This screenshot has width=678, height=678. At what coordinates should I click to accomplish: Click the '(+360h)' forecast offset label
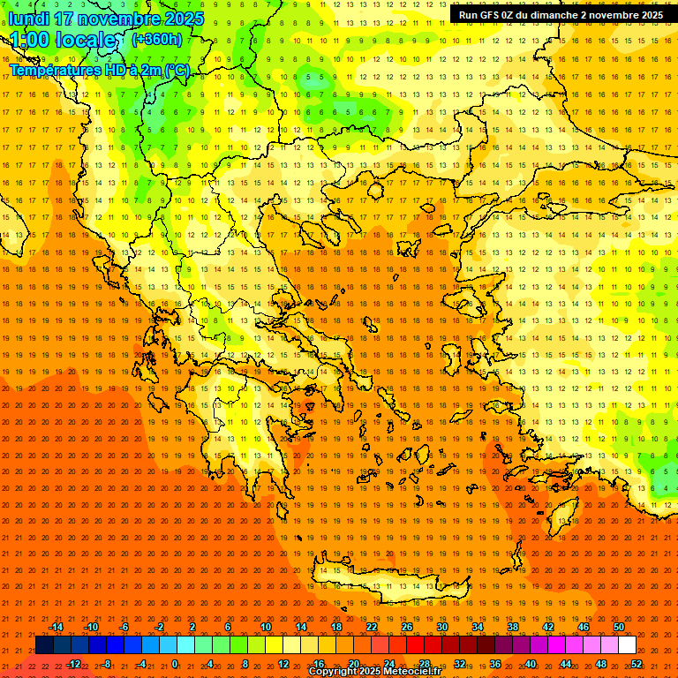point(157,39)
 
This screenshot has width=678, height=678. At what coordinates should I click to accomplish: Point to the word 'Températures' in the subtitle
point(53,70)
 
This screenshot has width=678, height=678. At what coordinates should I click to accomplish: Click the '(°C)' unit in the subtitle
point(177,70)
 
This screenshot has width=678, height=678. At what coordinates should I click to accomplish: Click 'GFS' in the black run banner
point(494,15)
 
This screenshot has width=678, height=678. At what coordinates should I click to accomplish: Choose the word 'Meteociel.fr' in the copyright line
point(411,672)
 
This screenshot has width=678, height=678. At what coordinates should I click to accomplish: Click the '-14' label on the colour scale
point(56,627)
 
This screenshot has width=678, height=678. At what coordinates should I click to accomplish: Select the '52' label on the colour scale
point(637,664)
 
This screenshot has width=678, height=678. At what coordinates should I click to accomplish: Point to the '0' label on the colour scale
point(175,664)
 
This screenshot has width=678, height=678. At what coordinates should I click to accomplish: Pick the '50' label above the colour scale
point(618,627)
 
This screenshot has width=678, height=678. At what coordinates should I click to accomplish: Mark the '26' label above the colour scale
point(407,627)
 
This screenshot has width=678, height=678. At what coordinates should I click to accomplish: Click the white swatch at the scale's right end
point(627,645)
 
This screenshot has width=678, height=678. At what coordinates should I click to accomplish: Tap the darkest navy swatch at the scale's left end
point(44,645)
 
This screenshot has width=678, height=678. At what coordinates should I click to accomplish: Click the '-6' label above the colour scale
point(124,627)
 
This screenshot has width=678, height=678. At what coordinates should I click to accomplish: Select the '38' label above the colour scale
point(513,627)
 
